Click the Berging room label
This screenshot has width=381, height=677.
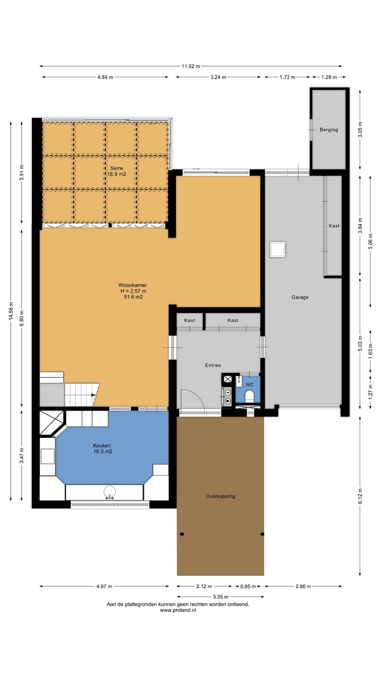pyautogui.click(x=329, y=130)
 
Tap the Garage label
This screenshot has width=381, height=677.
pyautogui.click(x=300, y=297)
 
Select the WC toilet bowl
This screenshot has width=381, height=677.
pyautogui.click(x=249, y=396)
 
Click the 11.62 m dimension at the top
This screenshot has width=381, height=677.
pyautogui.click(x=191, y=66)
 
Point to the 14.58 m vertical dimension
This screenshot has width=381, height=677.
pyautogui.click(x=11, y=311)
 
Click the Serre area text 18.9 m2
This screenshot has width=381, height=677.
pyautogui.click(x=117, y=174)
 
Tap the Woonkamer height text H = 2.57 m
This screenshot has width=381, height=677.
pyautogui.click(x=134, y=291)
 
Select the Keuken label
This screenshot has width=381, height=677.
pyautogui.click(x=102, y=446)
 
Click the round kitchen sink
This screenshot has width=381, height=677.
pyautogui.click(x=110, y=492)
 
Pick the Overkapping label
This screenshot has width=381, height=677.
pyautogui.click(x=221, y=496)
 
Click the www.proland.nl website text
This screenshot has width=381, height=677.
pyautogui.click(x=178, y=610)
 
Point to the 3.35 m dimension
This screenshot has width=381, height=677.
pyautogui.click(x=221, y=597)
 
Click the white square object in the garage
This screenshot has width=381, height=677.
pyautogui.click(x=278, y=249)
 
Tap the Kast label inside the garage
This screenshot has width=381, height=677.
pyautogui.click(x=334, y=226)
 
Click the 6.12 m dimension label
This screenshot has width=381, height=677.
pyautogui.click(x=360, y=496)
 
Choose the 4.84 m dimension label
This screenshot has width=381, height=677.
pyautogui.click(x=105, y=77)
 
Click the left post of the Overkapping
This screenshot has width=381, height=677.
pyautogui.click(x=182, y=534)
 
